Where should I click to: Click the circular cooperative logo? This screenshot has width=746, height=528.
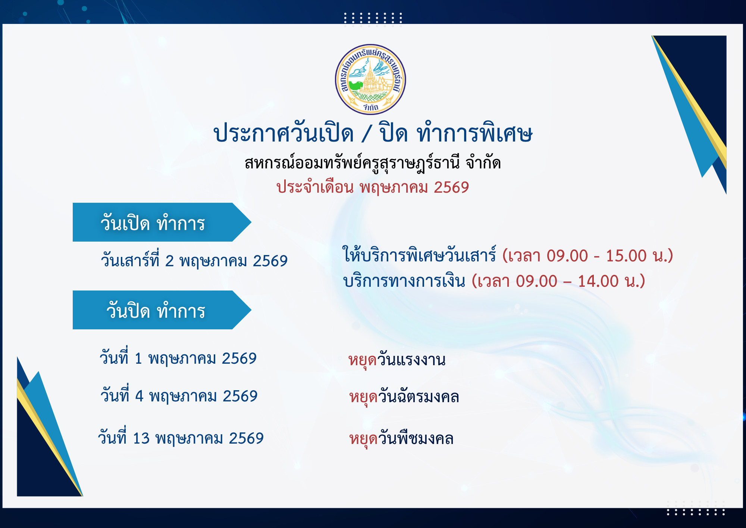370,80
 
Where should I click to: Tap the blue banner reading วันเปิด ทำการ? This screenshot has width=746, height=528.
162,222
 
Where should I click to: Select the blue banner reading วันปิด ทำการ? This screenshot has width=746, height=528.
162,310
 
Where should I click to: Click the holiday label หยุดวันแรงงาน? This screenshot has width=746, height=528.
397,360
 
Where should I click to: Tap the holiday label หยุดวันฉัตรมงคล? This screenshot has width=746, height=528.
404,397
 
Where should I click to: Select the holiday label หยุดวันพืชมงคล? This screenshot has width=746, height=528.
401,438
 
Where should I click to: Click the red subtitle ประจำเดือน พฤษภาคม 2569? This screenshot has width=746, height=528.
373,187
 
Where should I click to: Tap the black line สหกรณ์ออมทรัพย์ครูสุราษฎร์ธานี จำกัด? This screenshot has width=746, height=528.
373,163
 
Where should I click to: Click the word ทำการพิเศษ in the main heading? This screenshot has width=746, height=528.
474,133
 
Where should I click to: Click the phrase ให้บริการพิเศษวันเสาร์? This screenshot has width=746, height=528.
420,255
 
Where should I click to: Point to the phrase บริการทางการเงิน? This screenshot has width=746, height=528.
404,281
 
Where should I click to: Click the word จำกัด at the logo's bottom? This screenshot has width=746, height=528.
371,108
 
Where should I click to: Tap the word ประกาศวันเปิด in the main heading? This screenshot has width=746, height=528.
283,133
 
